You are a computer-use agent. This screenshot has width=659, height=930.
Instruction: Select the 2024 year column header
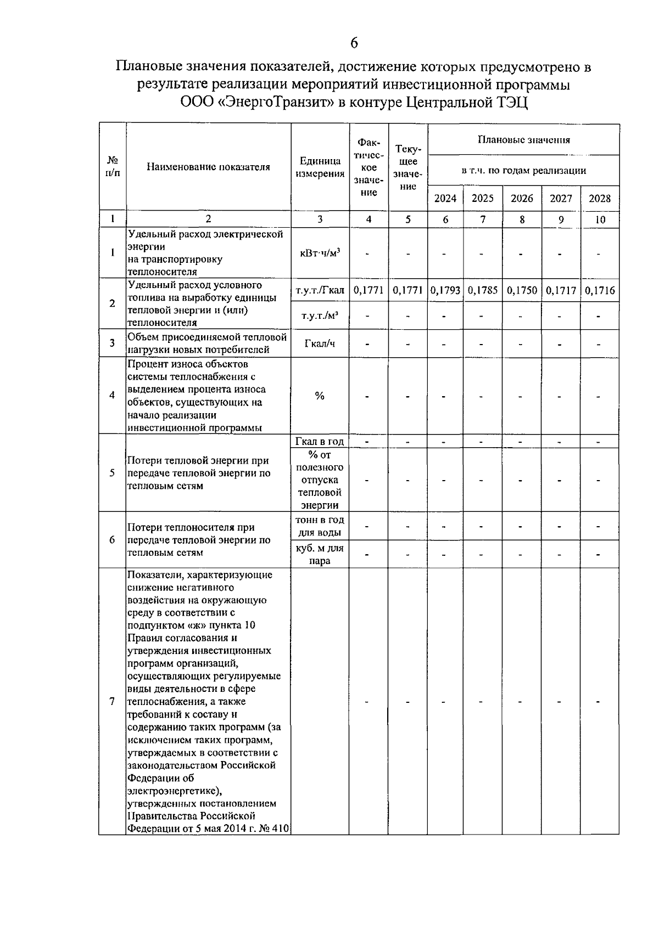click(445, 199)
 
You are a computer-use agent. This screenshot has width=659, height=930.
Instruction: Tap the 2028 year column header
click(600, 199)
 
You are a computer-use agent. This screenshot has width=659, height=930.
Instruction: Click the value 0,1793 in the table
click(445, 290)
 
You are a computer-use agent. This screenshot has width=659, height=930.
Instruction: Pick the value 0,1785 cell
click(483, 290)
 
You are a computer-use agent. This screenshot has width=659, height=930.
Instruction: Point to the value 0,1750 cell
click(522, 290)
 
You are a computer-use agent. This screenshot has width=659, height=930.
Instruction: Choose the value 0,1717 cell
click(561, 290)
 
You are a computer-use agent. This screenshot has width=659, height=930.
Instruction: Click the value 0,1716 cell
click(600, 290)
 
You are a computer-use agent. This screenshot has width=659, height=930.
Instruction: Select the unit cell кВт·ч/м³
click(320, 253)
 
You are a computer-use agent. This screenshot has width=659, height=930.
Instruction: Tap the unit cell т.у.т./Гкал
click(320, 290)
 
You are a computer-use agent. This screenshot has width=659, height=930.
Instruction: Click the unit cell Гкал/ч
click(320, 343)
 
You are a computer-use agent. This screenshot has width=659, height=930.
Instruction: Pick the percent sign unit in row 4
click(320, 396)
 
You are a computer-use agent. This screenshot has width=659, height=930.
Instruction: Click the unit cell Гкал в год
click(320, 441)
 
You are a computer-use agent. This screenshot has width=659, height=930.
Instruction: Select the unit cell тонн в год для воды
click(320, 526)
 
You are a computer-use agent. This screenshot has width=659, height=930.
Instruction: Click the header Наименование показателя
click(208, 167)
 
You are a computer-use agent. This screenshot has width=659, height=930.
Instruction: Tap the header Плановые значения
click(523, 140)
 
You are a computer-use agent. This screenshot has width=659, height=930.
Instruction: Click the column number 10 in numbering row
click(600, 219)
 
